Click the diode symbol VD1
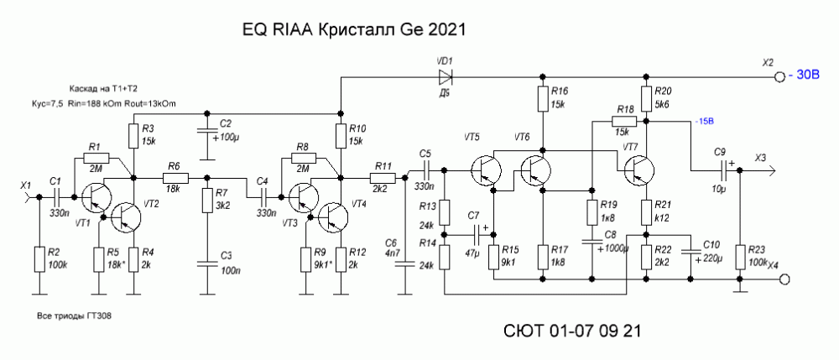click(444, 78)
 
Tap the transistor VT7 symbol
click(640, 170)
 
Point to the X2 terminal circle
click(777, 78)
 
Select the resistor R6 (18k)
click(175, 178)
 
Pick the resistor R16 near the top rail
click(541, 99)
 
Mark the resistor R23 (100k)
click(738, 258)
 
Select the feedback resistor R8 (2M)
click(302, 157)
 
